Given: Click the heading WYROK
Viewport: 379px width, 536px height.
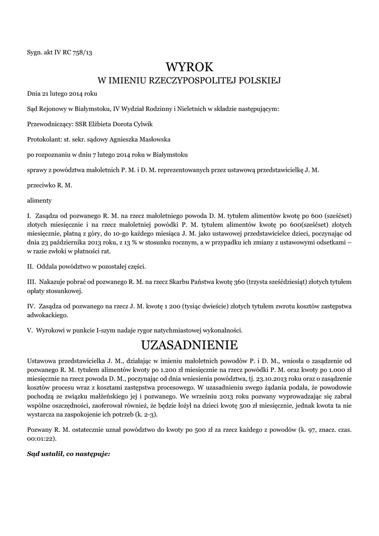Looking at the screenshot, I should [x=190, y=67].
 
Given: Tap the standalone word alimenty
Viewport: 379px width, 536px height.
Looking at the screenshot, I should [x=39, y=200].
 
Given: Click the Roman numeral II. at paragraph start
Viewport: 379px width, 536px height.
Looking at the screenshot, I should [x=30, y=266].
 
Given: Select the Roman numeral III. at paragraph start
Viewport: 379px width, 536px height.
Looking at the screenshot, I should [x=31, y=282].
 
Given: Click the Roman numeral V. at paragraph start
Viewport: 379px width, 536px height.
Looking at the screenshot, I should [x=30, y=330].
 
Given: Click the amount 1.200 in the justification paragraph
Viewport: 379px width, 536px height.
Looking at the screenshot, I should [x=137, y=369].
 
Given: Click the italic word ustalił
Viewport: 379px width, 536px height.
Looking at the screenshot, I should [x=53, y=454].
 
